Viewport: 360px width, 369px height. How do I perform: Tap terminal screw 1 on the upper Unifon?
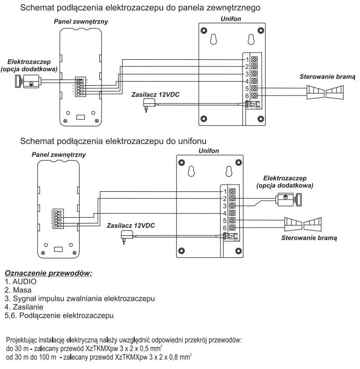pyautogui.click(x=254, y=59)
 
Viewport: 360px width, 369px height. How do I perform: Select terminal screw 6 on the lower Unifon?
pyautogui.click(x=233, y=228)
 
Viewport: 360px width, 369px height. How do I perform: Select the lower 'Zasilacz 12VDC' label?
pyautogui.click(x=130, y=226)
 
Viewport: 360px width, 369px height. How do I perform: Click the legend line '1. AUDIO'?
pyautogui.click(x=21, y=281)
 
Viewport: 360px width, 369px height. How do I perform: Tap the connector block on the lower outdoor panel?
pyautogui.click(x=57, y=218)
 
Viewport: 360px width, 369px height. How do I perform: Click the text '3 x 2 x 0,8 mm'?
pyautogui.click(x=165, y=357)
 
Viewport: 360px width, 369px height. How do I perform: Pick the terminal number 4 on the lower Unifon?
pyautogui.click(x=225, y=213)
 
